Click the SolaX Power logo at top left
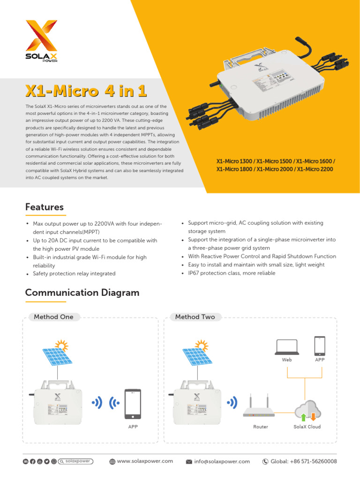tap(41, 41)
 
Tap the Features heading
tap(45, 207)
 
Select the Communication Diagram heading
tap(82, 292)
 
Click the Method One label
tap(53, 317)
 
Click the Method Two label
tap(195, 317)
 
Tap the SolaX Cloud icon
tap(307, 410)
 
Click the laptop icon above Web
tap(287, 346)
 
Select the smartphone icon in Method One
tap(133, 404)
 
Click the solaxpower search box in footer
tap(76, 461)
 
